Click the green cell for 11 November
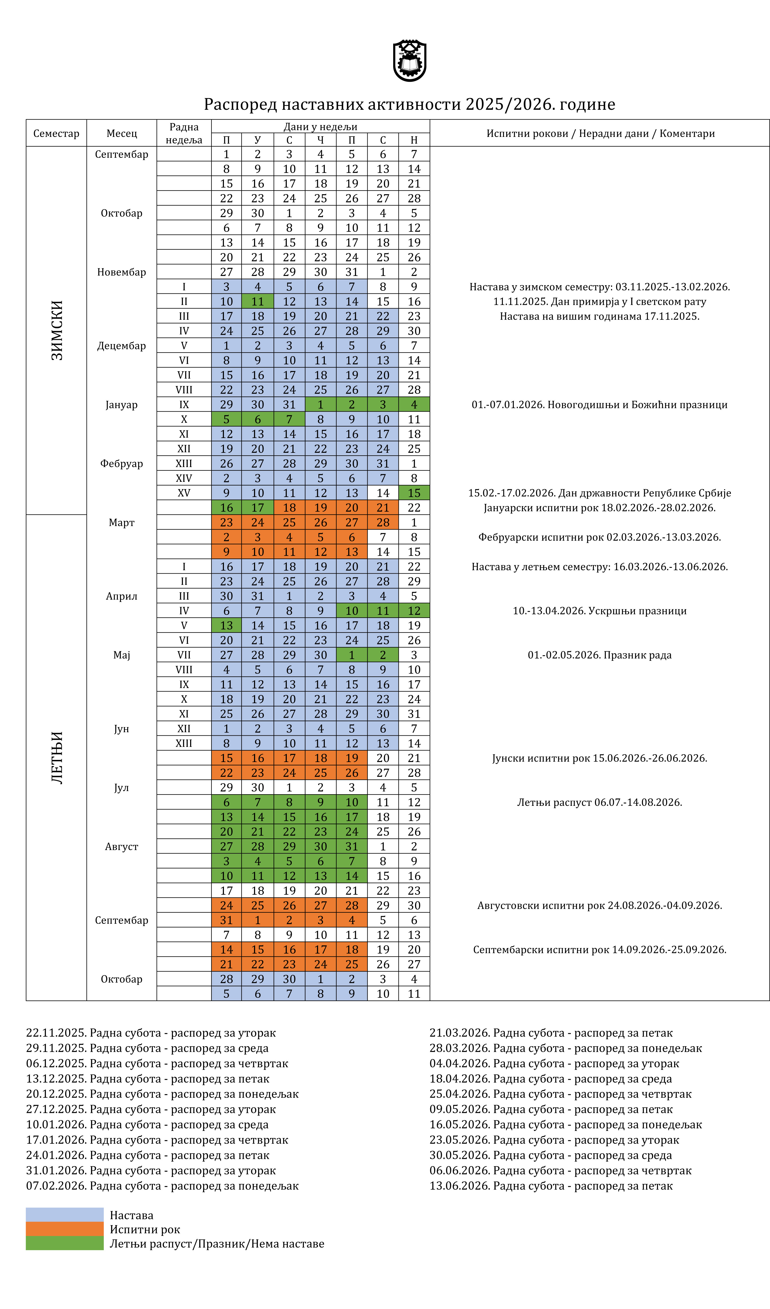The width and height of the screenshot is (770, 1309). (x=257, y=301)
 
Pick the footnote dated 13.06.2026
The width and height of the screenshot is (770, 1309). (x=551, y=1186)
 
